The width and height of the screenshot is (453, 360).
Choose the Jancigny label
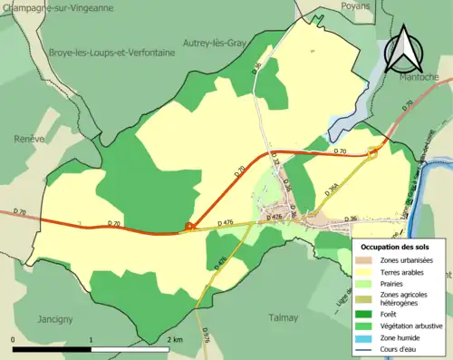56,319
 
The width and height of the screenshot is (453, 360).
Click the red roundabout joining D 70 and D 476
189,227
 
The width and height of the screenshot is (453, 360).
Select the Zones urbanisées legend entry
403,260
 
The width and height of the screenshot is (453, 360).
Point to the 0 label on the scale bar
14,339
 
